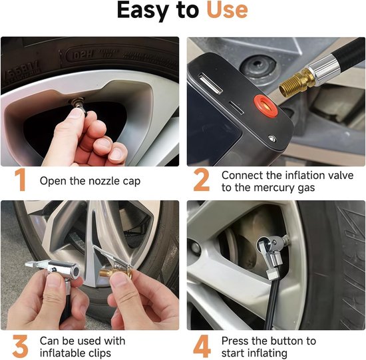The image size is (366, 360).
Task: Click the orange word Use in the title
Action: pos(227,10)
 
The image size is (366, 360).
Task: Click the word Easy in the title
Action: pos(143,11)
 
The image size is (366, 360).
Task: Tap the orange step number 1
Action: pos(20,180)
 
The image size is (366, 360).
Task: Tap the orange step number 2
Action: pos(202,180)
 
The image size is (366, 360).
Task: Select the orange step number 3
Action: pos(20,346)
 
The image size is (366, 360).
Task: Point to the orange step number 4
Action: pos(202,346)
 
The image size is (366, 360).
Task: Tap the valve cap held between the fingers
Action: pos(79,105)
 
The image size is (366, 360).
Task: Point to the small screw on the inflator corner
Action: pos(272,138)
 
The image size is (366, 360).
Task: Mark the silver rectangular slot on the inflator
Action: pos(210,84)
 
